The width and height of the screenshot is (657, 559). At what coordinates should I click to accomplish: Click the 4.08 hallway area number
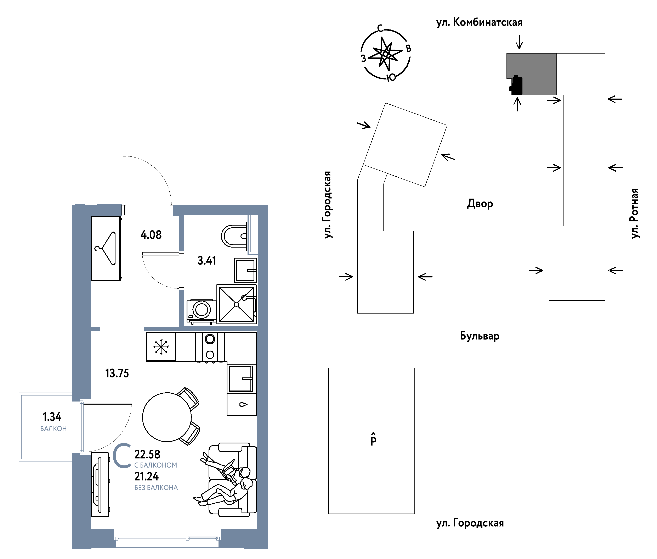[151, 235]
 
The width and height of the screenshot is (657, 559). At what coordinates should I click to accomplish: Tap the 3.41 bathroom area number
[207, 260]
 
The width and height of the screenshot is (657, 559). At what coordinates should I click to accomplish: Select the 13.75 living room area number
[117, 373]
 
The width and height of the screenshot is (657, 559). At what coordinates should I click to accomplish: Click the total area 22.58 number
[147, 454]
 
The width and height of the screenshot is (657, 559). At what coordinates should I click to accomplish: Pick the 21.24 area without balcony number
[146, 476]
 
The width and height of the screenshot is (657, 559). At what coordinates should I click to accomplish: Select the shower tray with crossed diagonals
[237, 304]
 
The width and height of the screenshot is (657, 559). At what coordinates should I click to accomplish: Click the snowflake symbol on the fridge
[161, 347]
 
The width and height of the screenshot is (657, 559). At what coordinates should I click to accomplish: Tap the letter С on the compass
[380, 28]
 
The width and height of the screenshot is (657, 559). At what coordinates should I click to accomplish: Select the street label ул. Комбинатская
[479, 22]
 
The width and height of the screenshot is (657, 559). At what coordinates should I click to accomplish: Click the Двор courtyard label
[480, 203]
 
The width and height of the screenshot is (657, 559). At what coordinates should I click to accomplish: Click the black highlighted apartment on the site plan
[516, 85]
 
